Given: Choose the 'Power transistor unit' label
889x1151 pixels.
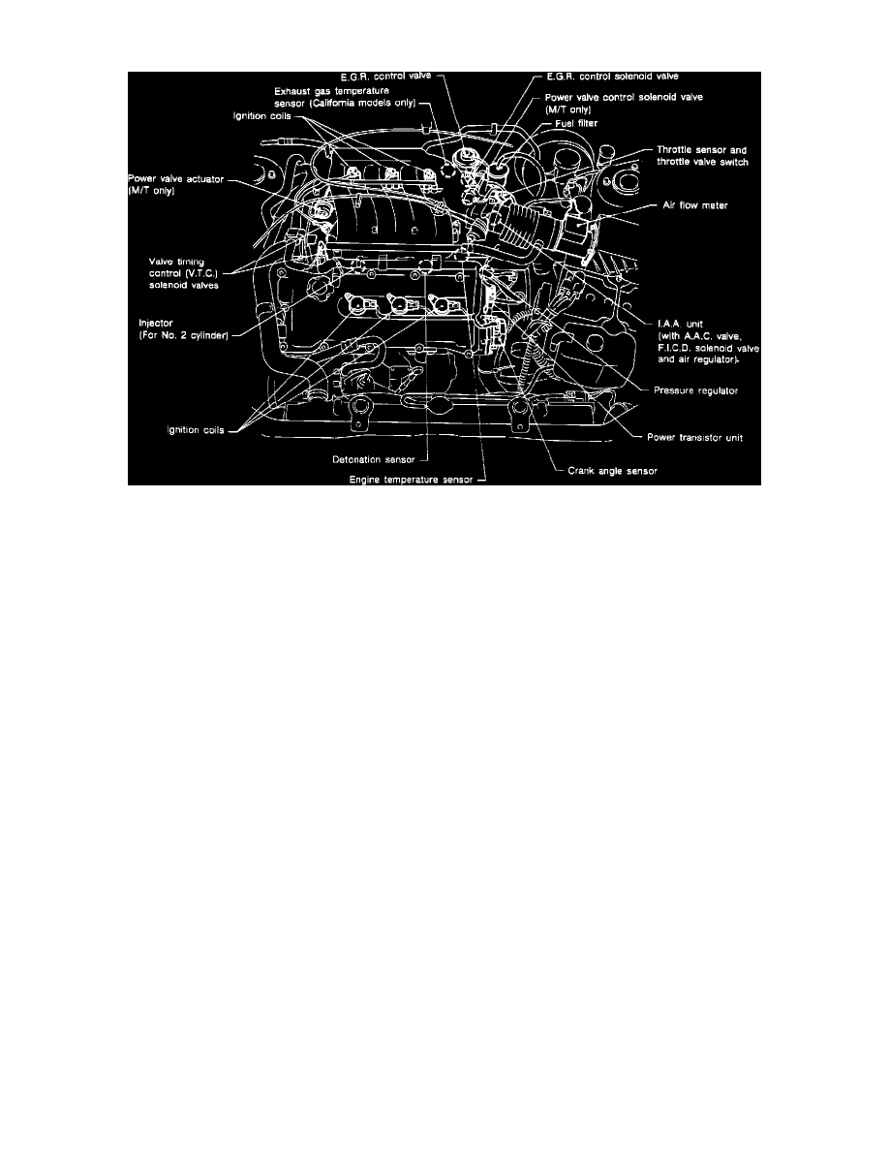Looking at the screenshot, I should tap(698, 437).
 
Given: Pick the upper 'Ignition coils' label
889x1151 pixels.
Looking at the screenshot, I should tap(263, 117).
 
